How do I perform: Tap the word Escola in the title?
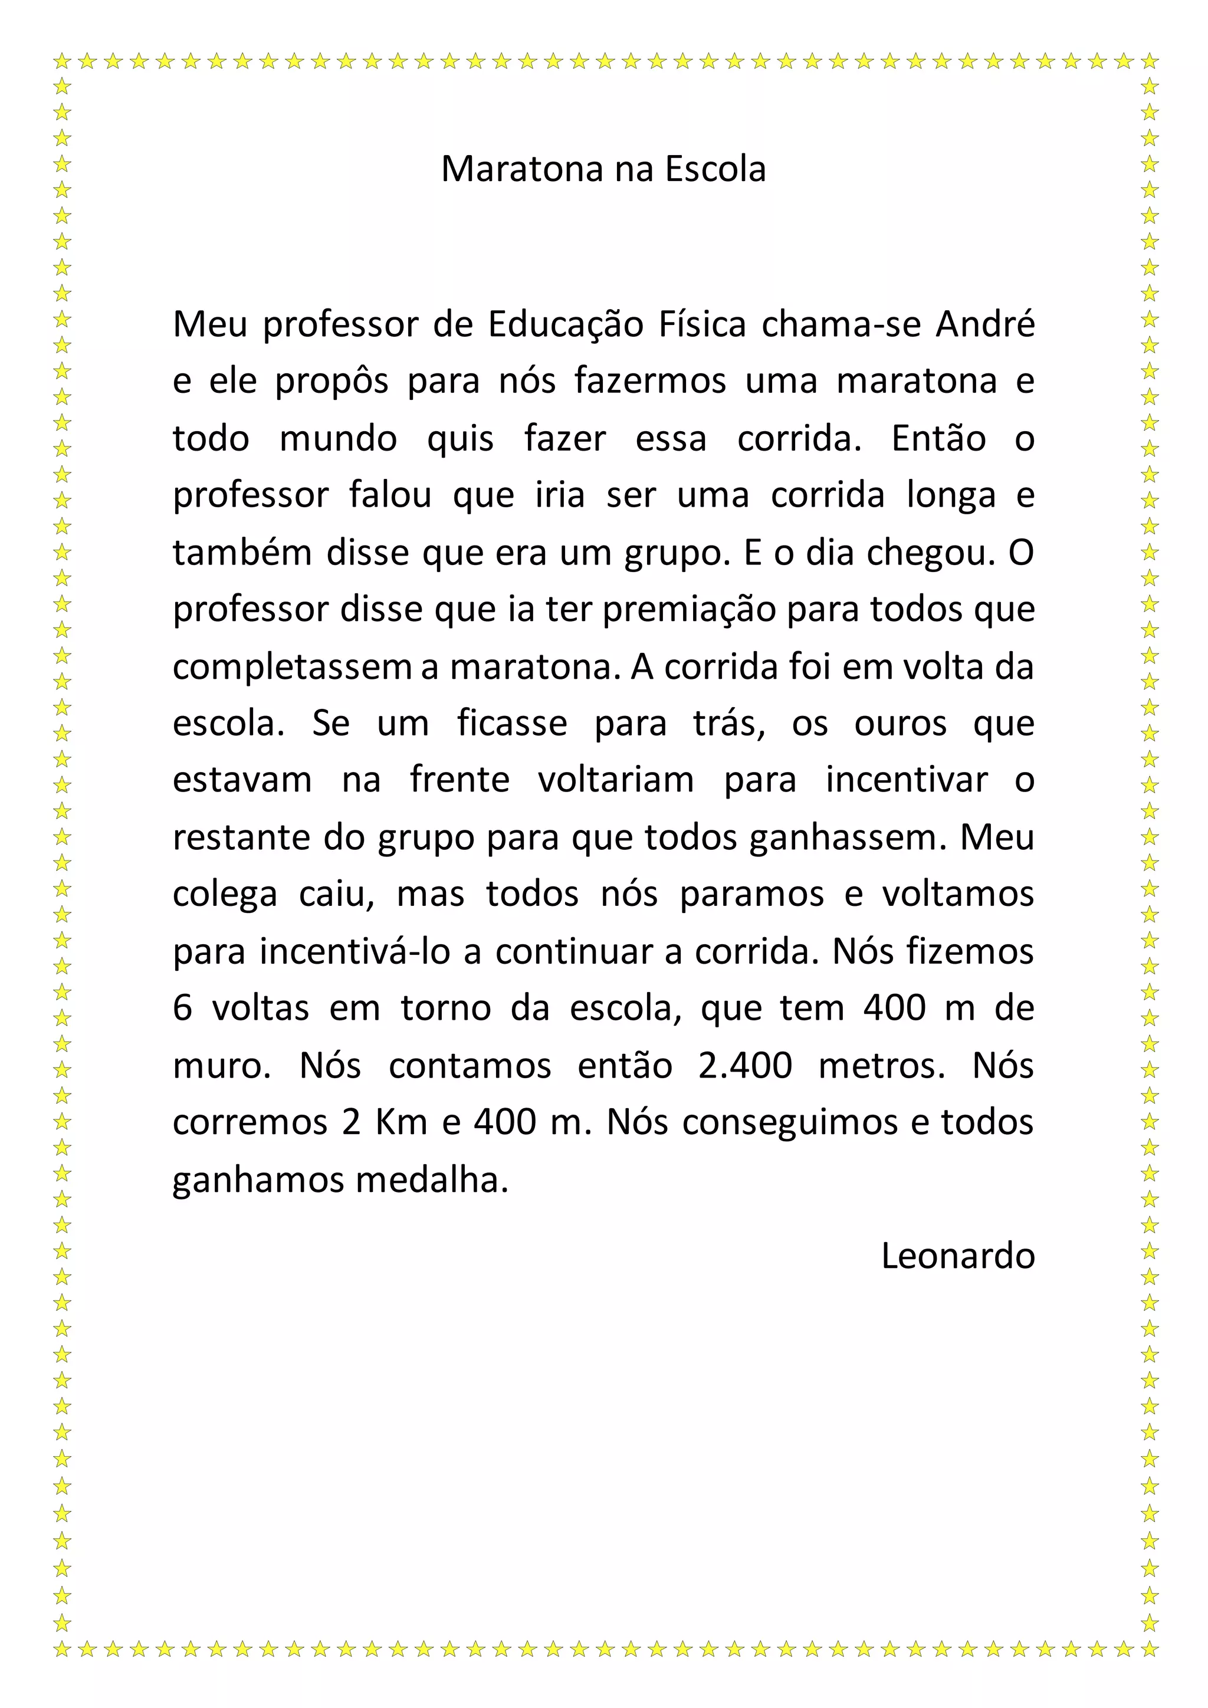click(x=715, y=170)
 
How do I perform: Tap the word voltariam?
click(x=616, y=780)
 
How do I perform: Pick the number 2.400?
click(x=746, y=1066)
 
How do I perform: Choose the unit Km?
click(x=401, y=1122)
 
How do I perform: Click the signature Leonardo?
click(x=957, y=1256)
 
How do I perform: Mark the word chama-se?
click(x=840, y=324)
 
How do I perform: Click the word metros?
click(x=881, y=1066)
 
